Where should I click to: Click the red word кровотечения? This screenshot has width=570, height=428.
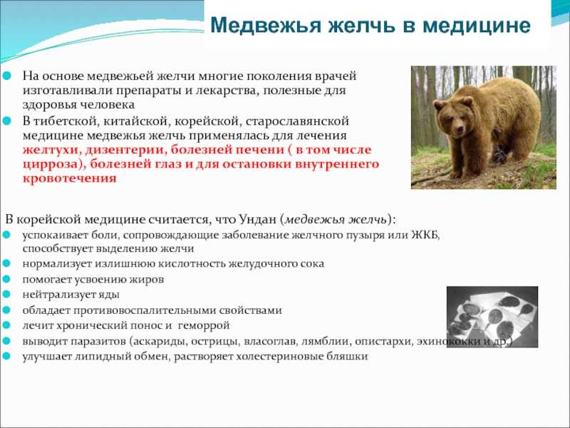(68, 178)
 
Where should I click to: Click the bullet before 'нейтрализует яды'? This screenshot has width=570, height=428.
(6, 295)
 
